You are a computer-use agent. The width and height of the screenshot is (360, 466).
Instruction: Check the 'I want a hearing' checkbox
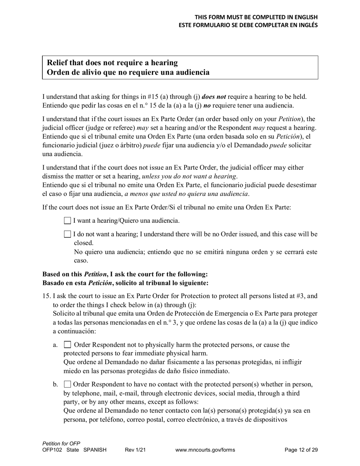click(67, 220)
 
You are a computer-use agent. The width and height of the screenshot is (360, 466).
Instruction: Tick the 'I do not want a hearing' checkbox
click(67, 235)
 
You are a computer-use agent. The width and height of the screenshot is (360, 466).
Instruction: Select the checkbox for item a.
click(68, 345)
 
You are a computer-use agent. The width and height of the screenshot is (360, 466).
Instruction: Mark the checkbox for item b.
click(68, 385)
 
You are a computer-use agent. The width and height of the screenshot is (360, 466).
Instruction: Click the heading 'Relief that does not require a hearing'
click(112, 63)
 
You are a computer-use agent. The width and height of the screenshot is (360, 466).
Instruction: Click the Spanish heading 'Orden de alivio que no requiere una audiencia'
click(128, 72)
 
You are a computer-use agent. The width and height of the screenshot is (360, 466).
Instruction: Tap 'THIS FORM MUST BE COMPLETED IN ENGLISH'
click(256, 17)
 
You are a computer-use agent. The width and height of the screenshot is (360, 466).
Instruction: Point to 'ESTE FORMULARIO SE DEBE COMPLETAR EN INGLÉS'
click(248, 25)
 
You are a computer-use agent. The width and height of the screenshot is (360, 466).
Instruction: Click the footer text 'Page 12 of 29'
click(301, 450)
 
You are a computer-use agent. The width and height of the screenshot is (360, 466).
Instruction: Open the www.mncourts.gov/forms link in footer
click(205, 450)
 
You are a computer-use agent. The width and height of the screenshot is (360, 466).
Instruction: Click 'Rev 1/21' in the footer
click(135, 450)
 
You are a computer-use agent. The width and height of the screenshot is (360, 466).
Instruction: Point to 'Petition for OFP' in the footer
click(61, 444)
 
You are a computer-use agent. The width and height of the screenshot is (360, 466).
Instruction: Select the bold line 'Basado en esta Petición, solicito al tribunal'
click(125, 283)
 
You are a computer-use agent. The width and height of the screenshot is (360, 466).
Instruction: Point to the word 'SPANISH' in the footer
click(95, 450)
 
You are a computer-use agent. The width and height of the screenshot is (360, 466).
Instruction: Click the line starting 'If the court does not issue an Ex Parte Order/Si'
click(166, 207)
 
